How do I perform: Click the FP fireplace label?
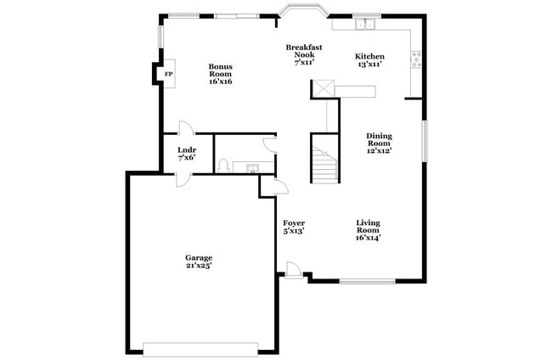pos(168,75)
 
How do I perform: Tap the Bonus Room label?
pos(221,75)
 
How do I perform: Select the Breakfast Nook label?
pos(304,54)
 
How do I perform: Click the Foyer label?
pos(294,227)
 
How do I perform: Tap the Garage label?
pos(199,261)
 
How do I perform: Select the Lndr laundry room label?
pos(186,154)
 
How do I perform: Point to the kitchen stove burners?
pos(416,59)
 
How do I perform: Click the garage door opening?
pos(200,349)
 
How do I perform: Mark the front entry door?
pos(292,271)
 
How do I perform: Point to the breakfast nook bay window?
pos(304,12)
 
